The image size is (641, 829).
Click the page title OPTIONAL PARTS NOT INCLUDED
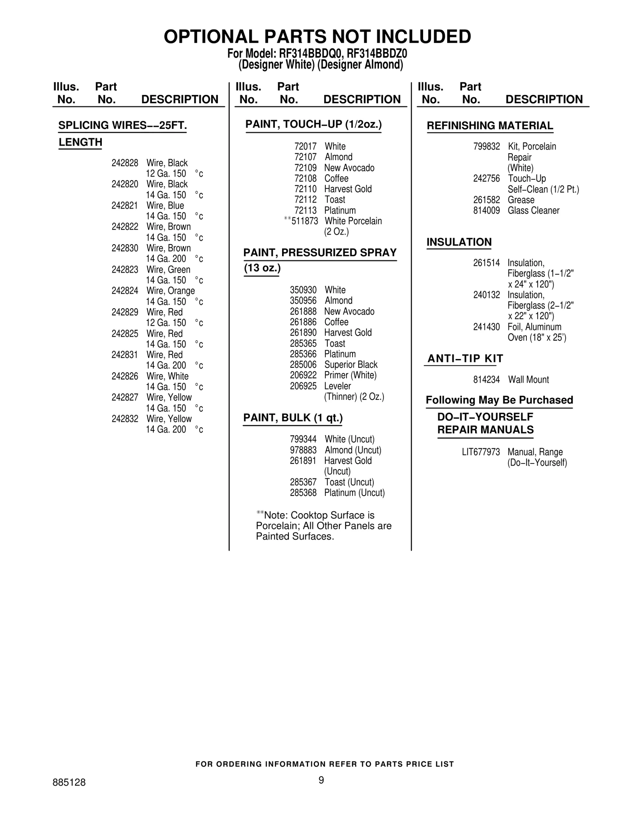(x=317, y=37)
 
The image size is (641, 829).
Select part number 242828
(x=125, y=163)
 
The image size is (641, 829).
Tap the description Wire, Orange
(x=171, y=291)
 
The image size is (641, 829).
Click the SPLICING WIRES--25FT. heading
(x=123, y=126)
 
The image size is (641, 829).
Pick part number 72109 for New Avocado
(x=305, y=168)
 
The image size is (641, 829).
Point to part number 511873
(x=304, y=221)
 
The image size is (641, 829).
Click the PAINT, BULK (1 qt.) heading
(x=293, y=418)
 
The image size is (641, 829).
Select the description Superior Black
(x=351, y=365)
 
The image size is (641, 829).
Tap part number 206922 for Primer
(x=303, y=375)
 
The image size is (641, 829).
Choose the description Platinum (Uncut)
(x=355, y=493)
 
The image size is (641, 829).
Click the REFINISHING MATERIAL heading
(x=490, y=126)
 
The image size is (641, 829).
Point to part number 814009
(x=486, y=211)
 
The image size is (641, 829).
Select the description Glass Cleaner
(x=534, y=211)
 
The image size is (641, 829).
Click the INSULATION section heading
(x=459, y=242)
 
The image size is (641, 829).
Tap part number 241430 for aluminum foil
(x=486, y=327)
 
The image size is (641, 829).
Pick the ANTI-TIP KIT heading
(x=465, y=359)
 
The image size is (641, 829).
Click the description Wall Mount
(x=528, y=380)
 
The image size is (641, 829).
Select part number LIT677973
(x=481, y=452)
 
